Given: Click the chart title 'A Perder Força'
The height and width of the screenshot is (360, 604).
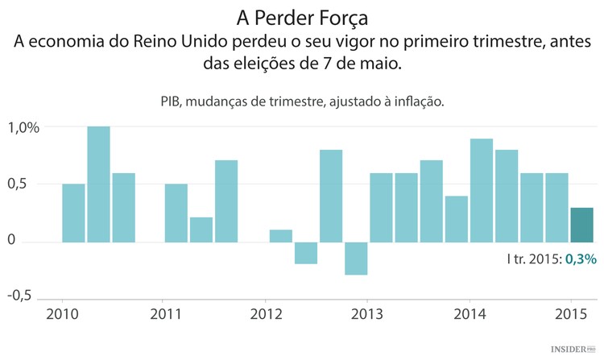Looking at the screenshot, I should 302,17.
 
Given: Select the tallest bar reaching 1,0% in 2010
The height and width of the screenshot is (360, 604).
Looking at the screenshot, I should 98,184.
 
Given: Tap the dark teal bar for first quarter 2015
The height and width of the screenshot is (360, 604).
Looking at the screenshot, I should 581,225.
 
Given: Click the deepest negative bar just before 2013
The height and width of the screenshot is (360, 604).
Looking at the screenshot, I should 356,259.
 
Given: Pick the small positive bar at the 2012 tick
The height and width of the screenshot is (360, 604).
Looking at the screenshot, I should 280,236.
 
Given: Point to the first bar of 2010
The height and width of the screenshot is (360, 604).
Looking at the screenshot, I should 73,213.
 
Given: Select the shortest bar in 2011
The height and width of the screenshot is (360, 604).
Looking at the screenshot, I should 201,230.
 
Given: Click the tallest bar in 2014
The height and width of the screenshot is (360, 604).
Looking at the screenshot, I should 482,190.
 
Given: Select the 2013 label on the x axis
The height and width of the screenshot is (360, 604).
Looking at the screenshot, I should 367,313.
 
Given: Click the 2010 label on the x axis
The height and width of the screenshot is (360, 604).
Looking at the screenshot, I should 62,313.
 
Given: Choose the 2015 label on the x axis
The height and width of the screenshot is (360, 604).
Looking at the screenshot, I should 569,313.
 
